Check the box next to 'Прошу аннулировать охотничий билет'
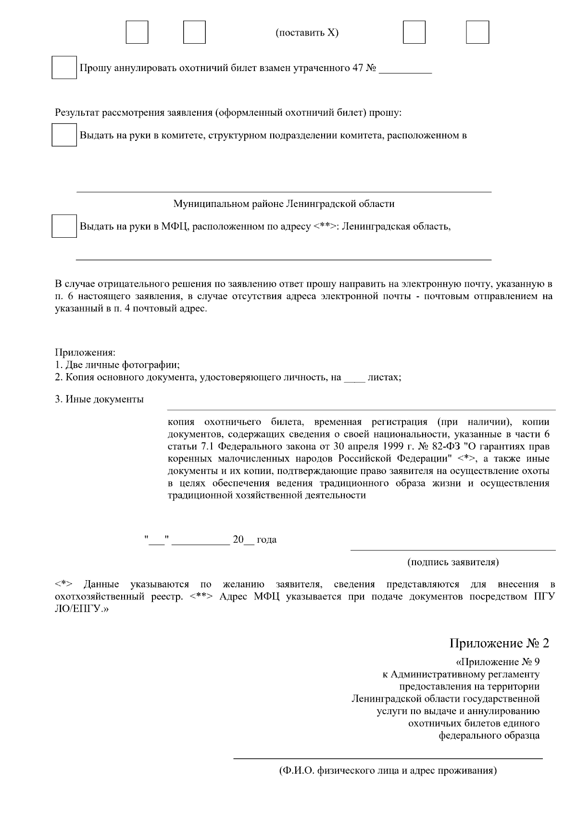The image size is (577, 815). pyautogui.click(x=64, y=68)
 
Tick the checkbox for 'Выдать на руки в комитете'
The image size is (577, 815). pyautogui.click(x=64, y=135)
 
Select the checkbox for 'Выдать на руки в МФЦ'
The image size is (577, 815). pyautogui.click(x=64, y=226)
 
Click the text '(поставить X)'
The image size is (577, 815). pyautogui.click(x=307, y=33)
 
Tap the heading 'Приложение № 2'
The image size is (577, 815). pyautogui.click(x=499, y=643)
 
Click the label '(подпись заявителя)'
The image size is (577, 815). pyautogui.click(x=453, y=561)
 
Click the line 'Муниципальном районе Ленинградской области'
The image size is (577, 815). pyautogui.click(x=284, y=204)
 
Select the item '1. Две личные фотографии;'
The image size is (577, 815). pyautogui.click(x=117, y=365)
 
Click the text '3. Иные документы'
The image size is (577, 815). pyautogui.click(x=99, y=399)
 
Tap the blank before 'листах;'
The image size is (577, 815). pyautogui.click(x=355, y=378)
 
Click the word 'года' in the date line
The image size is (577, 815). pyautogui.click(x=266, y=539)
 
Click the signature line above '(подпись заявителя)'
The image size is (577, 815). pyautogui.click(x=453, y=550)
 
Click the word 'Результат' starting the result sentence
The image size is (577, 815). pyautogui.click(x=75, y=113)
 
